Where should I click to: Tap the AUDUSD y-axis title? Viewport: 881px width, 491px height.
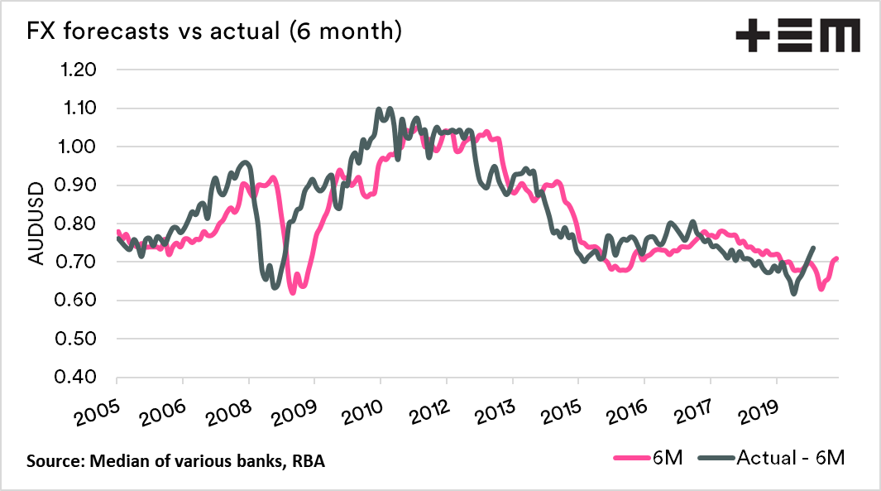tap(36, 224)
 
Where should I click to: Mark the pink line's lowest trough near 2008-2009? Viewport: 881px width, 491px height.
tap(293, 292)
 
